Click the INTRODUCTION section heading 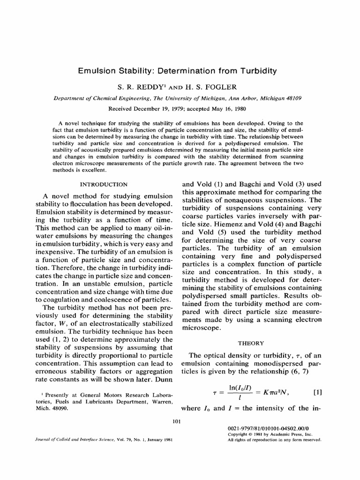point(104,185)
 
